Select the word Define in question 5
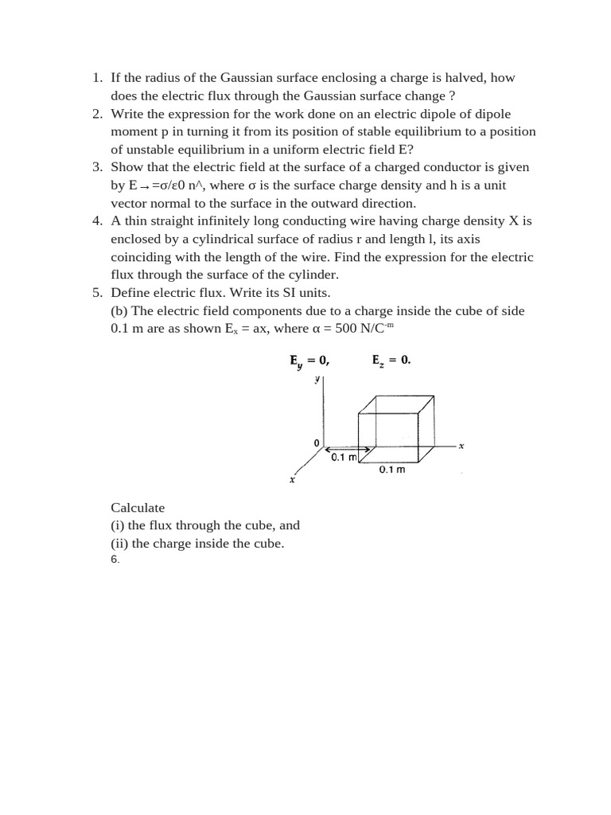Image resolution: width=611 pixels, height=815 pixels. (130, 292)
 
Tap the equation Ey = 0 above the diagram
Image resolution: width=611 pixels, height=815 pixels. (309, 361)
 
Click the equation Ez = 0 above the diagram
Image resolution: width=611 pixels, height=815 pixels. (391, 360)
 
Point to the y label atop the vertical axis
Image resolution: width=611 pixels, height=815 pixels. (317, 380)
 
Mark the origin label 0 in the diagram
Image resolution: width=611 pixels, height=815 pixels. (316, 442)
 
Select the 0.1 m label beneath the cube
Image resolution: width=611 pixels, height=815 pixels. (392, 470)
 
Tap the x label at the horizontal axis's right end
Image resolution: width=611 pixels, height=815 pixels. (461, 446)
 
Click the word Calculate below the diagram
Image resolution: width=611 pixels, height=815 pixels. (138, 507)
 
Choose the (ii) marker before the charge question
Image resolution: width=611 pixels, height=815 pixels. (119, 544)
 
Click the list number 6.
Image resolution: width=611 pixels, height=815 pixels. (115, 560)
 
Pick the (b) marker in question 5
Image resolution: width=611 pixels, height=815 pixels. (121, 310)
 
